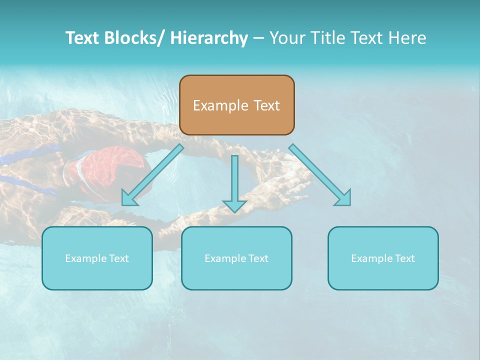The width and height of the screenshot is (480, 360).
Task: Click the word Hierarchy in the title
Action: (x=209, y=38)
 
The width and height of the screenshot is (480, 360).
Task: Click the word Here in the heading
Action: (x=407, y=38)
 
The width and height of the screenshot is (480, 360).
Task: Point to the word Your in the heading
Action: (x=286, y=38)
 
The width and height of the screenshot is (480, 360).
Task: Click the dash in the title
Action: (x=258, y=38)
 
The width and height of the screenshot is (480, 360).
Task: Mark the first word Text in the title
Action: (x=81, y=38)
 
